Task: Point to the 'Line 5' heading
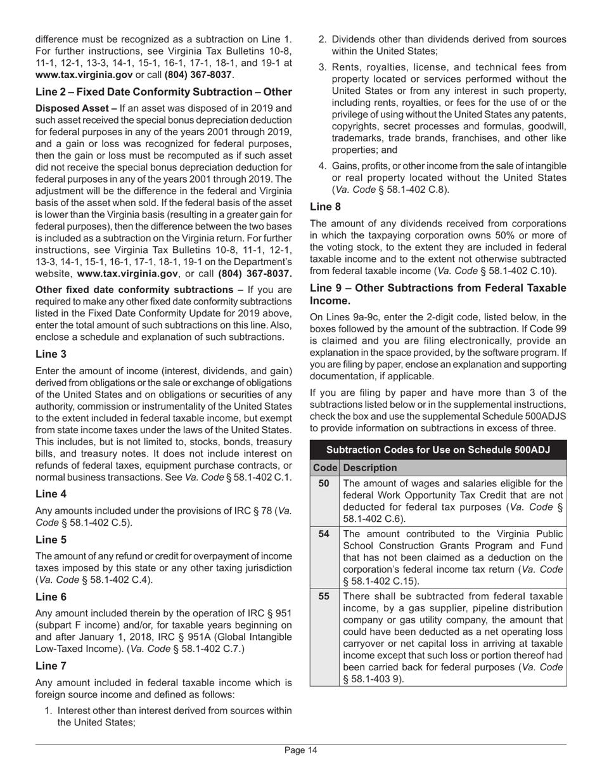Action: (x=51, y=540)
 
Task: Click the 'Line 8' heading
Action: (x=326, y=206)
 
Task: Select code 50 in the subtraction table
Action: (x=324, y=483)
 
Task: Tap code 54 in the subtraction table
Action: (x=324, y=534)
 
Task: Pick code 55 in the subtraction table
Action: (x=324, y=597)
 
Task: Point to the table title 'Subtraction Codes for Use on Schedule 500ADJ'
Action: (x=438, y=450)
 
